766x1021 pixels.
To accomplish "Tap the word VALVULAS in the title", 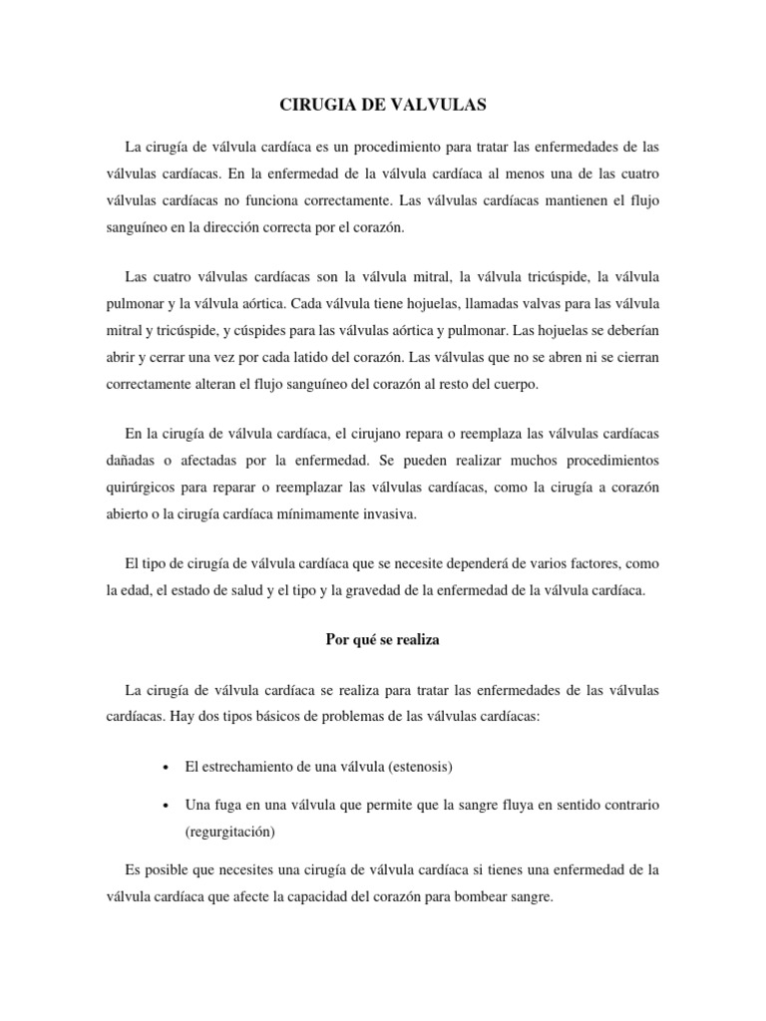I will pos(441,103).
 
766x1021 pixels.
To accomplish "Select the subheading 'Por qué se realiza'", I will pos(382,640).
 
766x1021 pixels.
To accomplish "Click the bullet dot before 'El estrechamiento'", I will pos(164,768).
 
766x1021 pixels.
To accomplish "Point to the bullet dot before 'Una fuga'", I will pos(164,804).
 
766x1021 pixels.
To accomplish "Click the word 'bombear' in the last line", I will pos(463,895).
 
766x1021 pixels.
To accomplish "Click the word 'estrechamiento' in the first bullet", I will pos(249,767).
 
